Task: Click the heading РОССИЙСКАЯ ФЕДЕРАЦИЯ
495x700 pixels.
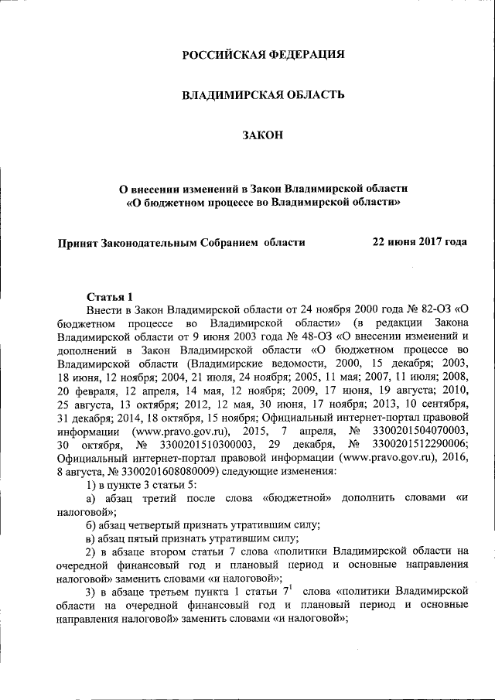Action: click(263, 55)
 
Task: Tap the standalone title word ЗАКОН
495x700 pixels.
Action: click(263, 136)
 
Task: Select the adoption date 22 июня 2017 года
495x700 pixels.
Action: click(420, 242)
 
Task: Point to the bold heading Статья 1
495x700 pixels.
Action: click(110, 296)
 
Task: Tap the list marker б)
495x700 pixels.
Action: click(93, 524)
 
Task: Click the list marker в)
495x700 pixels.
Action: click(93, 538)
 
